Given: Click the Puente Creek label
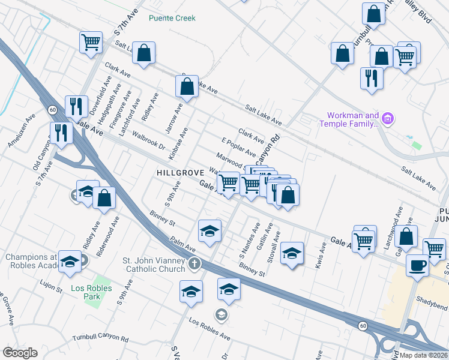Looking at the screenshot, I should [x=172, y=18].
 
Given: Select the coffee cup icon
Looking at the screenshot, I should [x=417, y=265].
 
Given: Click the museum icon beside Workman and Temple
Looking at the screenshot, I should [x=388, y=119].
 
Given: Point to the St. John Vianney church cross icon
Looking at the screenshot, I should [x=194, y=263].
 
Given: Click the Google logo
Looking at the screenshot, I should [x=20, y=353].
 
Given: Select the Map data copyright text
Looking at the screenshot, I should [x=423, y=355].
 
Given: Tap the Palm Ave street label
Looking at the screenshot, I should [x=183, y=244].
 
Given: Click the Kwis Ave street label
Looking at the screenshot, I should [x=324, y=253].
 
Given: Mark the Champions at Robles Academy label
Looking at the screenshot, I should [x=34, y=262].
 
